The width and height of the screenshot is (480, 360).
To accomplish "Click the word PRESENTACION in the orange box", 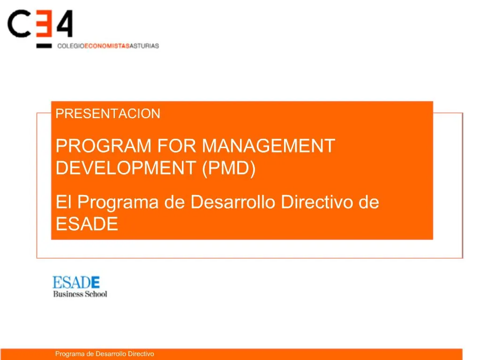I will click(x=108, y=114).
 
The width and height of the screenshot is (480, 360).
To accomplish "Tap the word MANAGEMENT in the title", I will click(x=269, y=146).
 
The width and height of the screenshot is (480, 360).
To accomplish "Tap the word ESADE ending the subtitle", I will click(x=87, y=225).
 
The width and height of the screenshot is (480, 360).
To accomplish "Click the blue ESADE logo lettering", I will click(x=76, y=283).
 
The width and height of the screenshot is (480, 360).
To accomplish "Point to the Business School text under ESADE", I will click(x=80, y=294).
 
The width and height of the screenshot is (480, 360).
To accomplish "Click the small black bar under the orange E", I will click(x=44, y=46).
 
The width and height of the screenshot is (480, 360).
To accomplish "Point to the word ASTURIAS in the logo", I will click(x=144, y=46).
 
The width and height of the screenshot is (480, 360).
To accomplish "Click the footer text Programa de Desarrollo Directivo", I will click(x=105, y=354).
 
